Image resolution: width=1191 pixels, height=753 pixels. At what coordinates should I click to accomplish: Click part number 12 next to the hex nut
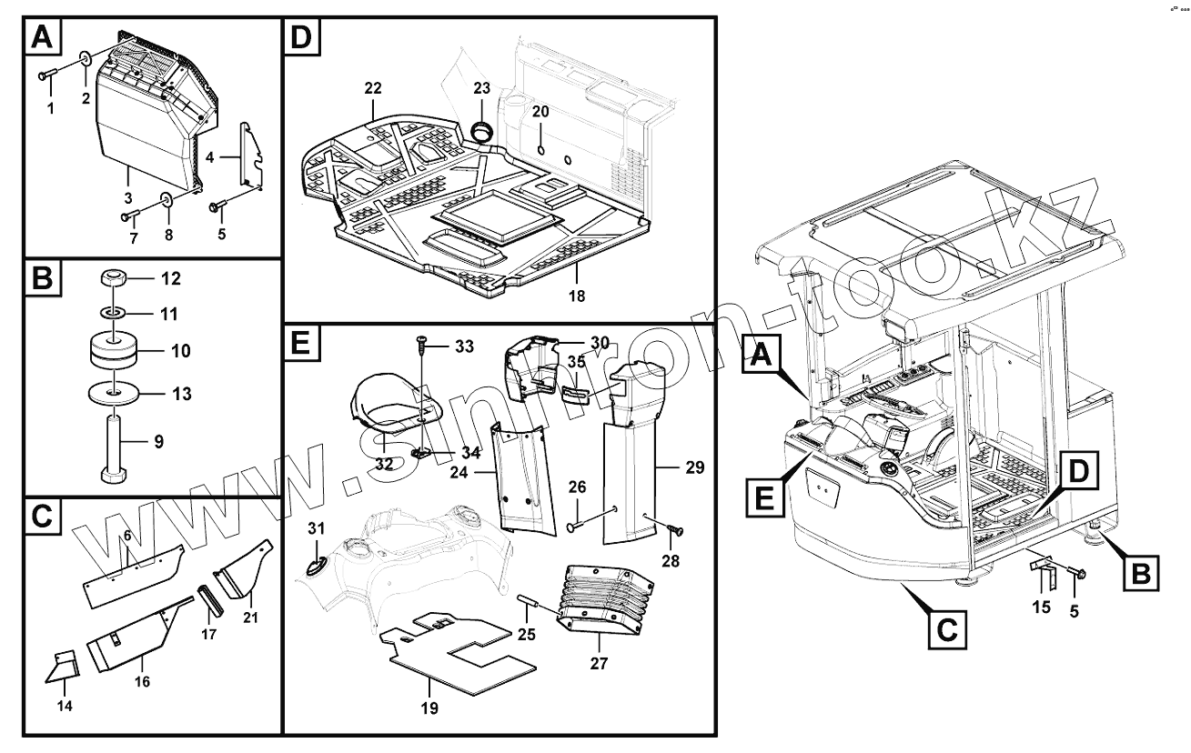[171, 278]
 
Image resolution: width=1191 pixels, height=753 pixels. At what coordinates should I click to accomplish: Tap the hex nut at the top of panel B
[112, 277]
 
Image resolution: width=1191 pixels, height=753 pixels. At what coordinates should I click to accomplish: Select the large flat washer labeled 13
[113, 394]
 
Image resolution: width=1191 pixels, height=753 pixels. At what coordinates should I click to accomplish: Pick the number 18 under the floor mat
[577, 296]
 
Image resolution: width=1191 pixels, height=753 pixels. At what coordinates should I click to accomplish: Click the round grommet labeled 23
[481, 132]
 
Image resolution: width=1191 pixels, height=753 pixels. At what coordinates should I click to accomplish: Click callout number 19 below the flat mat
[429, 708]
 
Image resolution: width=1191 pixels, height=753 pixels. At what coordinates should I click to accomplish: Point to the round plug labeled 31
[316, 567]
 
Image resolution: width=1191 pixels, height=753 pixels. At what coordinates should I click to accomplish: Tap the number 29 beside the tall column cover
[695, 467]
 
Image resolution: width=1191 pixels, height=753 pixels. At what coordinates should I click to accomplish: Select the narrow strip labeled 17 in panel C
[209, 600]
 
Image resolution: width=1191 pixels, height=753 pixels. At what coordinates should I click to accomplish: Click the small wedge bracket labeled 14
[62, 667]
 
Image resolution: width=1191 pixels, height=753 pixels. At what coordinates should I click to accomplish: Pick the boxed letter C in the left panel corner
[42, 516]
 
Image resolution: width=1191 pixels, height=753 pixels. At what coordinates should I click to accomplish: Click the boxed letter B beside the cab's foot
[1141, 573]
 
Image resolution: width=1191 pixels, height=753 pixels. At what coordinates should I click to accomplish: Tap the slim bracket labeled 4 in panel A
[252, 154]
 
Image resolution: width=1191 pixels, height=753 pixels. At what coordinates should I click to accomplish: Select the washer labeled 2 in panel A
[86, 56]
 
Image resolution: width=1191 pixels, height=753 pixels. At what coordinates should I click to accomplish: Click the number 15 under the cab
[1041, 607]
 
